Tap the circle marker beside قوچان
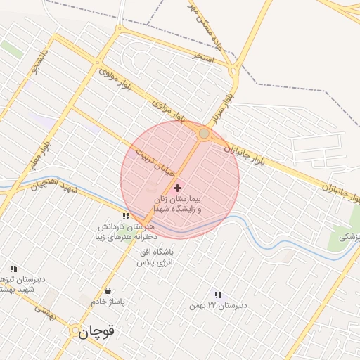75,330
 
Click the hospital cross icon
177,188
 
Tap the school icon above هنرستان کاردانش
125,216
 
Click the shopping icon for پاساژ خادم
108,290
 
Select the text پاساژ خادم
108,302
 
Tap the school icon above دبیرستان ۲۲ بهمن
218,295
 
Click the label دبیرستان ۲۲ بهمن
218,306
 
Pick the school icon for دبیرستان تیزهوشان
13,268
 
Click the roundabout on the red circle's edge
204,133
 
